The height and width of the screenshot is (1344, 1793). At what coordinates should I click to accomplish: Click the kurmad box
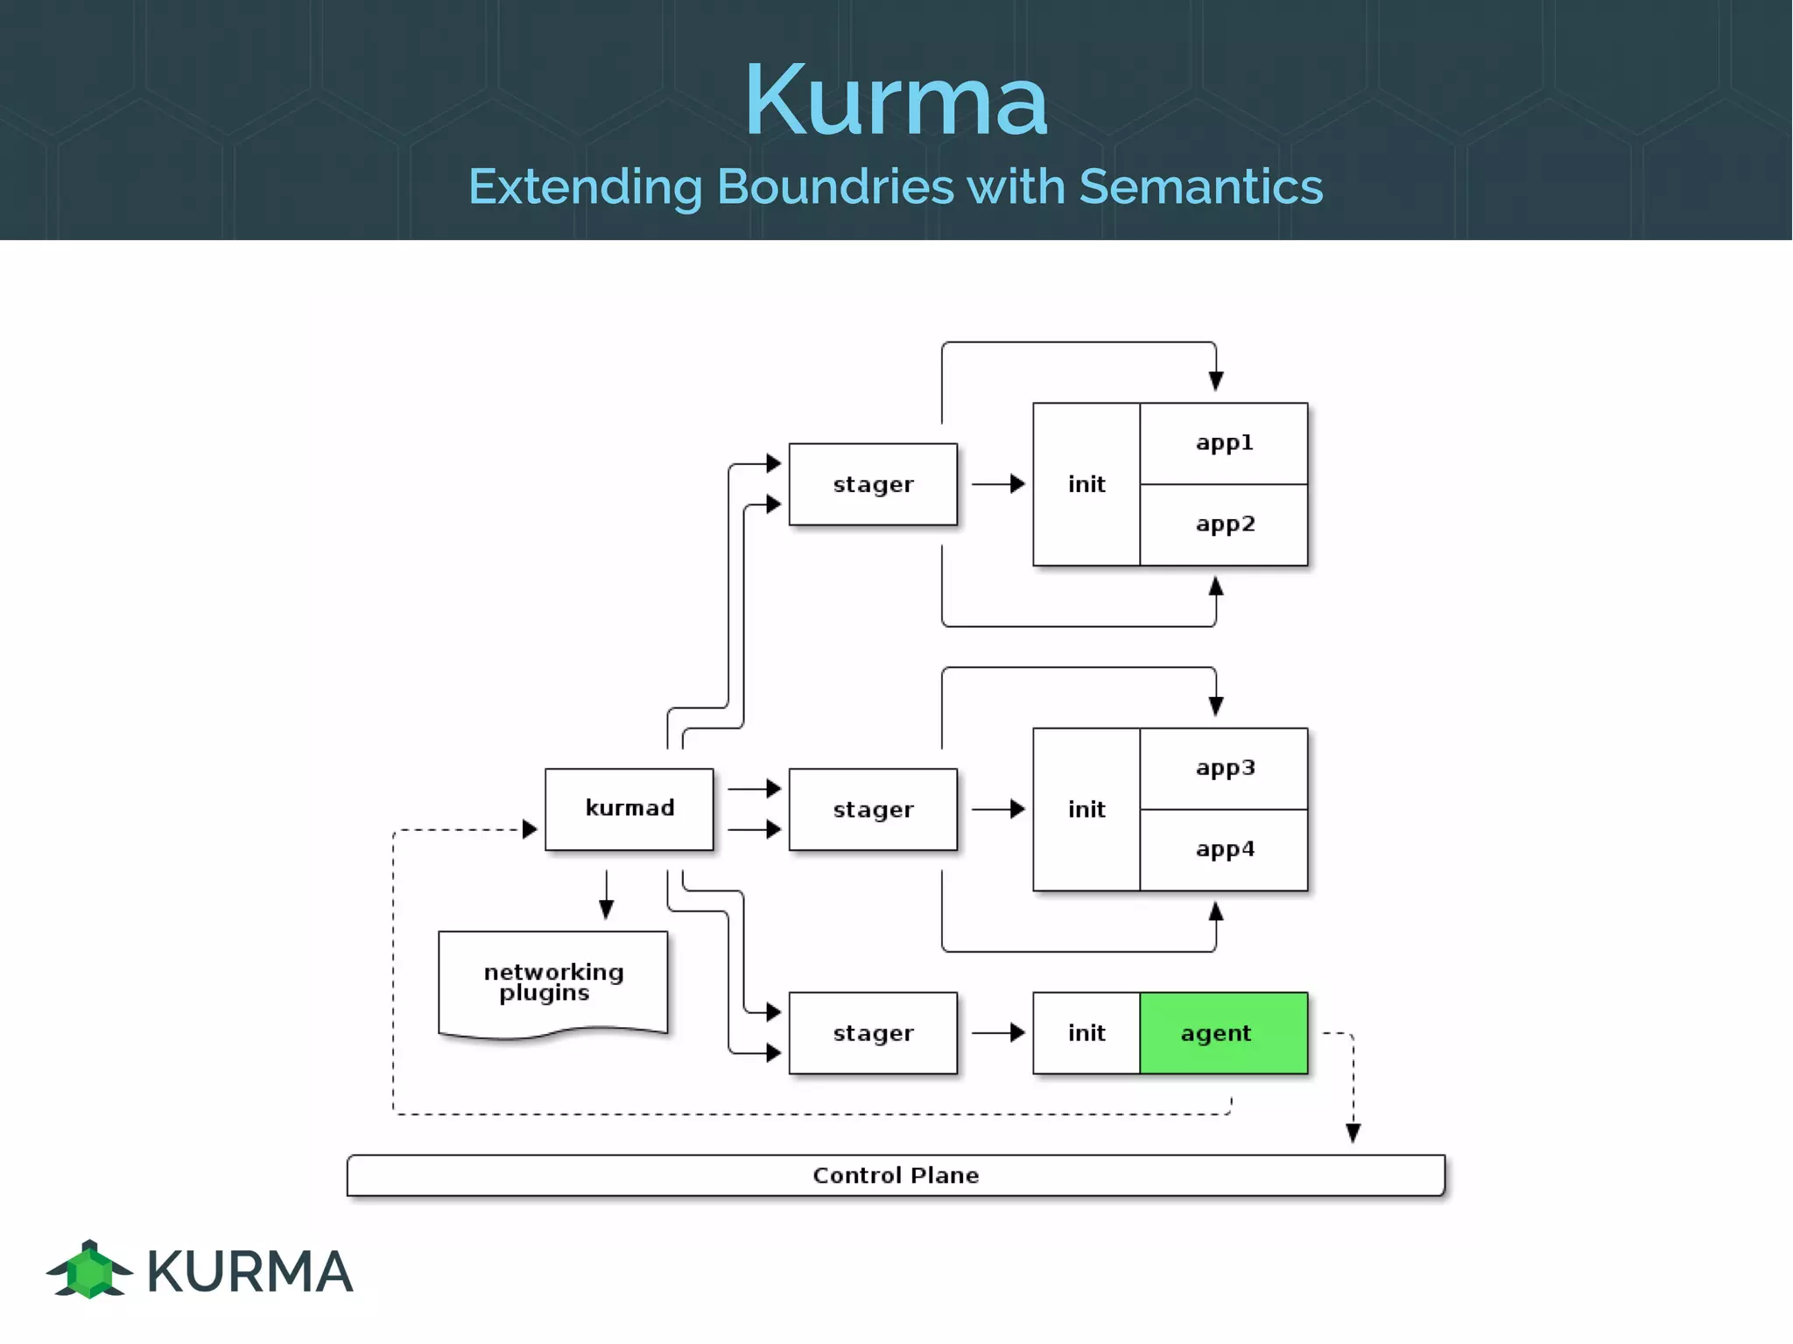point(629,808)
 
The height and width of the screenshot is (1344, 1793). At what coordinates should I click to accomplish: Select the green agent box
point(1223,1033)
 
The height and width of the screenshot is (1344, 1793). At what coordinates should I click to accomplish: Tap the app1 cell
point(1223,443)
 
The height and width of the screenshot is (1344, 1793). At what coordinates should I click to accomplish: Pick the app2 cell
point(1223,524)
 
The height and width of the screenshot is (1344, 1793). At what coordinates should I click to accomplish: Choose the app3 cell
point(1223,768)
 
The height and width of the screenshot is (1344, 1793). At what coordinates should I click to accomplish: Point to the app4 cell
point(1223,849)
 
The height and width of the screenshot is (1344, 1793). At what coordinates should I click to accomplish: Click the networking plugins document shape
point(552,982)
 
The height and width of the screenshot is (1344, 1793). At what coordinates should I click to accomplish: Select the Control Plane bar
point(895,1175)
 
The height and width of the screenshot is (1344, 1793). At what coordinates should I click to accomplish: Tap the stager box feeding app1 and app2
point(872,484)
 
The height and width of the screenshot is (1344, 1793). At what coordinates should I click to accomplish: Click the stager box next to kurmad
point(872,809)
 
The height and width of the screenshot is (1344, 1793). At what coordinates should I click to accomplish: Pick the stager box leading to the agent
point(872,1033)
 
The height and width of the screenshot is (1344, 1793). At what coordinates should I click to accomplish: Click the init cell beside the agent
point(1086,1033)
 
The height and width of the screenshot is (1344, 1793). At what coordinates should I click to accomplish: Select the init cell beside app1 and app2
point(1086,484)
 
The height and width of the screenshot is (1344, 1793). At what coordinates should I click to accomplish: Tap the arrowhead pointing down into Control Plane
point(1353,1133)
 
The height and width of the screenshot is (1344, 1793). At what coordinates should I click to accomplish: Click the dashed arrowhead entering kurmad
point(529,829)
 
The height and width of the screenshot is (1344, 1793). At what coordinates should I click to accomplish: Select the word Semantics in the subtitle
point(1200,186)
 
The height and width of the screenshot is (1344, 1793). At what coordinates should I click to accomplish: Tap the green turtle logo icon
point(89,1270)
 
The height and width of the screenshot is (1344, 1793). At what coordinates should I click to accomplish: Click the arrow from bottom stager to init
point(998,1033)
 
